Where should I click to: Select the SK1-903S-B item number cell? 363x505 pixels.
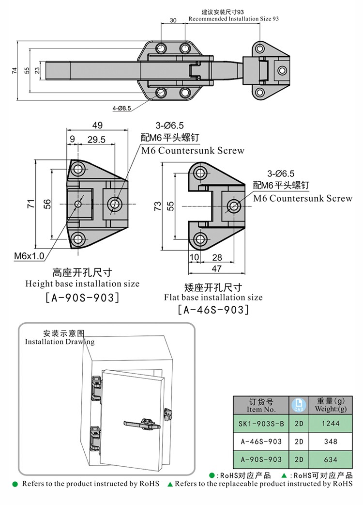click(261, 423)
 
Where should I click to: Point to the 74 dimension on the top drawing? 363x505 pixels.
click(14, 70)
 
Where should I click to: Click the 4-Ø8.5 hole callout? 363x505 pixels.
click(121, 109)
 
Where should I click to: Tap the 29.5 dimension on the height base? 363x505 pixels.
click(97, 140)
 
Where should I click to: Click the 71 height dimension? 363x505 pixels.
click(30, 204)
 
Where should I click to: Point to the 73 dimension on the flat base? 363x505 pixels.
click(157, 206)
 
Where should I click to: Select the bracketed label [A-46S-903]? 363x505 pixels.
click(213, 310)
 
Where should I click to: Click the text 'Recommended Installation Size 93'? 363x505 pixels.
click(233, 18)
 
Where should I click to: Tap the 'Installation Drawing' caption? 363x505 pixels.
click(60, 342)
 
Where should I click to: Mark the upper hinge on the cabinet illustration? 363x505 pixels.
click(95, 388)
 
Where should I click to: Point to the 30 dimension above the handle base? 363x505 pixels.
click(173, 20)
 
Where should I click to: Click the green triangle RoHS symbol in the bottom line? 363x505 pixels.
click(170, 484)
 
